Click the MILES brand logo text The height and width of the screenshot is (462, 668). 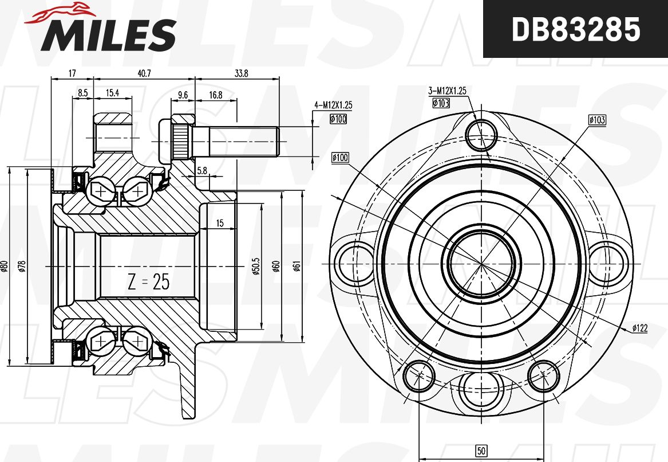click(x=108, y=34)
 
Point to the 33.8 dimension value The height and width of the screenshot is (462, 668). click(x=241, y=73)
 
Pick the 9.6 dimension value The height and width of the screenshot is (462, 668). click(x=183, y=95)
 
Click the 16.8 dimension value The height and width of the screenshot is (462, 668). click(x=215, y=95)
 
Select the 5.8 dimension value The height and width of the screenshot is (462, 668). click(x=202, y=170)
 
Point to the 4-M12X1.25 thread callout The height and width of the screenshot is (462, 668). click(x=333, y=105)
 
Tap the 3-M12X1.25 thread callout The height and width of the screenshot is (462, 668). click(x=448, y=90)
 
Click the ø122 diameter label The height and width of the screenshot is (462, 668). click(x=639, y=328)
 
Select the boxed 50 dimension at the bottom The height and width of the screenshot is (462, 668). click(x=482, y=452)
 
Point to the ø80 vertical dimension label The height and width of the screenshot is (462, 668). click(x=4, y=266)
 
